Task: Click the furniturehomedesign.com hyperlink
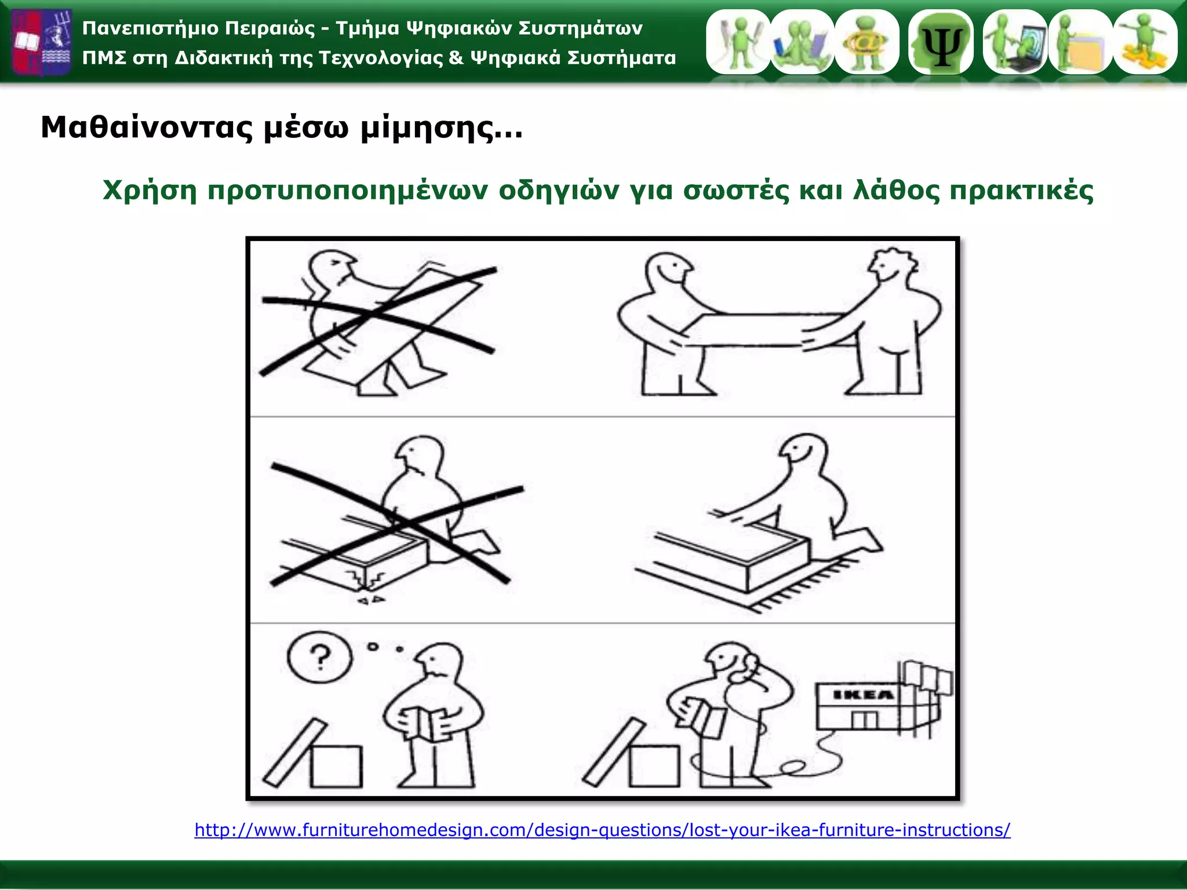[602, 830]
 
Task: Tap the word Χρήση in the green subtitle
[150, 191]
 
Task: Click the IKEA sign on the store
[863, 695]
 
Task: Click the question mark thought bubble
[319, 658]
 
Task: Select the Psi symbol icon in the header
[941, 42]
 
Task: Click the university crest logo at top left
[42, 42]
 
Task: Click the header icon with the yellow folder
[1080, 42]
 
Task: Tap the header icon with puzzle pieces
[1145, 42]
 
